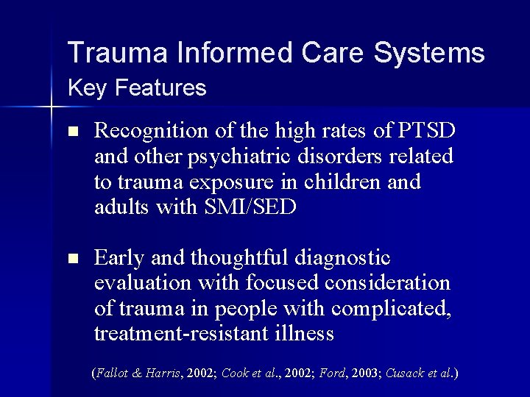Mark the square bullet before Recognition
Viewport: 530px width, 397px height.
71,133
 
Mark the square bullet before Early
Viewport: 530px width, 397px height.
71,260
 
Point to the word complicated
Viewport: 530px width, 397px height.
397,309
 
